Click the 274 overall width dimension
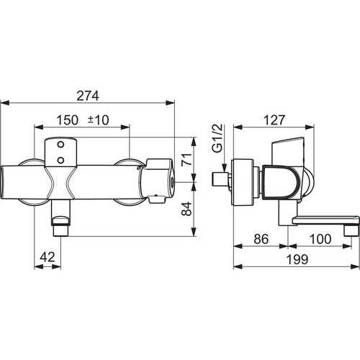coord(88,96)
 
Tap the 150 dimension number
coord(68,120)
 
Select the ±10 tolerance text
coord(99,120)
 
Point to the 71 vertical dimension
coord(187,159)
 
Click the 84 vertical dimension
coord(187,209)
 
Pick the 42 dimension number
coord(48,257)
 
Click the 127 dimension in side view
coord(274,120)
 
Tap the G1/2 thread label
coord(217,138)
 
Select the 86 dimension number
coord(261,239)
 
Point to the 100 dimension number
coord(320,239)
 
